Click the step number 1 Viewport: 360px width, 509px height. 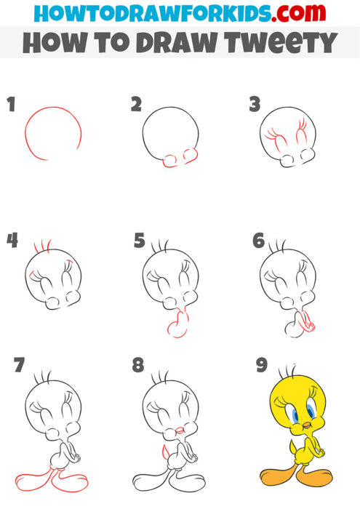tap(10, 105)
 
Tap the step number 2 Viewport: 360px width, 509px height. tap(136, 105)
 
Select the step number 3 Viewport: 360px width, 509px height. tap(255, 105)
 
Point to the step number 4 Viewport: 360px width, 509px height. tap(12, 241)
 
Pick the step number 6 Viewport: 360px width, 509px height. tap(258, 241)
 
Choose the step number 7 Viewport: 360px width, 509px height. tap(19, 364)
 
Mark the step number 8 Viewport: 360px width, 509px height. tap(138, 365)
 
